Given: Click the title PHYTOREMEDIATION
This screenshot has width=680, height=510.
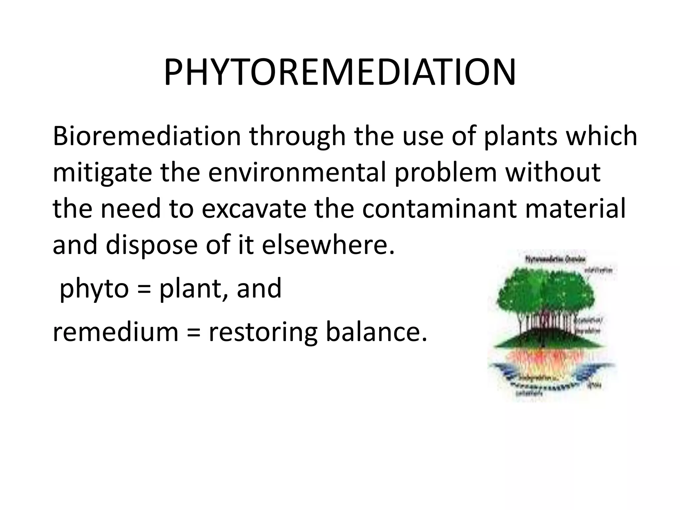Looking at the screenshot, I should (340, 73).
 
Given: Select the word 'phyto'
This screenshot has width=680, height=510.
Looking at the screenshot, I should (94, 289).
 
